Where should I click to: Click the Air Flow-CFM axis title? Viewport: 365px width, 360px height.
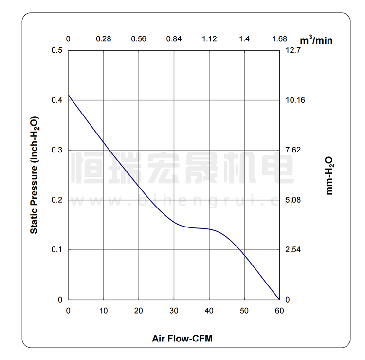[182, 338]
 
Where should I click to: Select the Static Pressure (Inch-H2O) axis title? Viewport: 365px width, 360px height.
[34, 175]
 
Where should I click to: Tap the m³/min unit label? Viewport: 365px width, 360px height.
[316, 39]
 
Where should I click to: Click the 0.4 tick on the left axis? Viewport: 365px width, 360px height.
[57, 100]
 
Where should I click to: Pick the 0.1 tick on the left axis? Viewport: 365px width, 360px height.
[57, 250]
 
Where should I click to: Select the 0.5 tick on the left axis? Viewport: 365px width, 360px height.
[57, 50]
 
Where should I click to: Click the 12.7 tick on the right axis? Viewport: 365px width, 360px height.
[294, 50]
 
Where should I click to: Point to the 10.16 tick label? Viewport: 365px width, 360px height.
[295, 100]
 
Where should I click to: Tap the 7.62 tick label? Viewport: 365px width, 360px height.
[294, 150]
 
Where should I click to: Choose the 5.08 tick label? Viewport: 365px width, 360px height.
[294, 200]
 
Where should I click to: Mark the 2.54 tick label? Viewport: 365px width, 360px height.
[294, 250]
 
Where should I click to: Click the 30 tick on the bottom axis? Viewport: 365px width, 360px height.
[174, 311]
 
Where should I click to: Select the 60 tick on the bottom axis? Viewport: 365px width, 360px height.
[279, 311]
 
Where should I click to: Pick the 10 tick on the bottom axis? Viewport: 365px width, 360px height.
[104, 311]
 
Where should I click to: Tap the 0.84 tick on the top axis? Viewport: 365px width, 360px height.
[174, 39]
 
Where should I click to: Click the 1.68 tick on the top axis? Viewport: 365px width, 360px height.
[279, 39]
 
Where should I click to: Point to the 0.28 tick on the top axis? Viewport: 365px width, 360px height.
[104, 39]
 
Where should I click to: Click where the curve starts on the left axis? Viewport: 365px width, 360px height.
[69, 95]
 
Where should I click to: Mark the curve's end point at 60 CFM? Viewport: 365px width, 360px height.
[279, 300]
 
